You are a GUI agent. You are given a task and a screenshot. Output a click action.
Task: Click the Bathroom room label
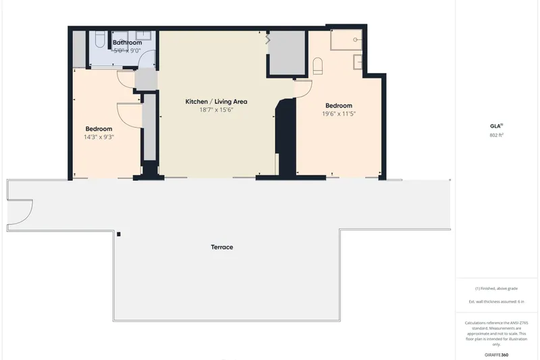128,43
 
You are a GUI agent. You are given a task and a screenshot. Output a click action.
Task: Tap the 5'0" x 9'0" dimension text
128,51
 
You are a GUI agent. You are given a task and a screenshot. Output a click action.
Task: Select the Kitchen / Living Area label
216,101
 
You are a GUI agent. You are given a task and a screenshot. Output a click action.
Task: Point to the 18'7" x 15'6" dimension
216,110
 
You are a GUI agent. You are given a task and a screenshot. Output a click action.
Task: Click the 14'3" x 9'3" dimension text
99,137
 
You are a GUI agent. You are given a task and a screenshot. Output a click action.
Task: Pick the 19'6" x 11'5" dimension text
339,114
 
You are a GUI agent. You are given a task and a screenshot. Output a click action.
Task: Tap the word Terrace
222,247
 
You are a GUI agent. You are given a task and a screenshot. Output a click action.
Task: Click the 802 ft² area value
496,135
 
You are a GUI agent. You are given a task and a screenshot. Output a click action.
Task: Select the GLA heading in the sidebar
496,126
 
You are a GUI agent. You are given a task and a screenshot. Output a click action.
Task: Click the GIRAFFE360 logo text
496,355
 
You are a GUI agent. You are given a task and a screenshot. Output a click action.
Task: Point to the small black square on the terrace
119,234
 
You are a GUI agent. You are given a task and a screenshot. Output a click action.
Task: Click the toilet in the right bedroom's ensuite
317,66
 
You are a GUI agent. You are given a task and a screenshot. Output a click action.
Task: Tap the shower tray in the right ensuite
346,40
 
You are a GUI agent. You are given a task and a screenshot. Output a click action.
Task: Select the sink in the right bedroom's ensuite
358,61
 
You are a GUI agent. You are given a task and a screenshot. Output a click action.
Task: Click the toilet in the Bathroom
101,39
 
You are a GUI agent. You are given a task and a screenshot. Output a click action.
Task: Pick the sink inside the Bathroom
144,35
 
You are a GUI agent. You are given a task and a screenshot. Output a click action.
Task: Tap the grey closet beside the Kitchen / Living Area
287,53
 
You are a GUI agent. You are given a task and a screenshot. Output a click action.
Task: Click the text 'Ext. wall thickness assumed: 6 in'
496,302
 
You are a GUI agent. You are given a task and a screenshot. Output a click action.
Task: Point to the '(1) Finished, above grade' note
496,288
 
